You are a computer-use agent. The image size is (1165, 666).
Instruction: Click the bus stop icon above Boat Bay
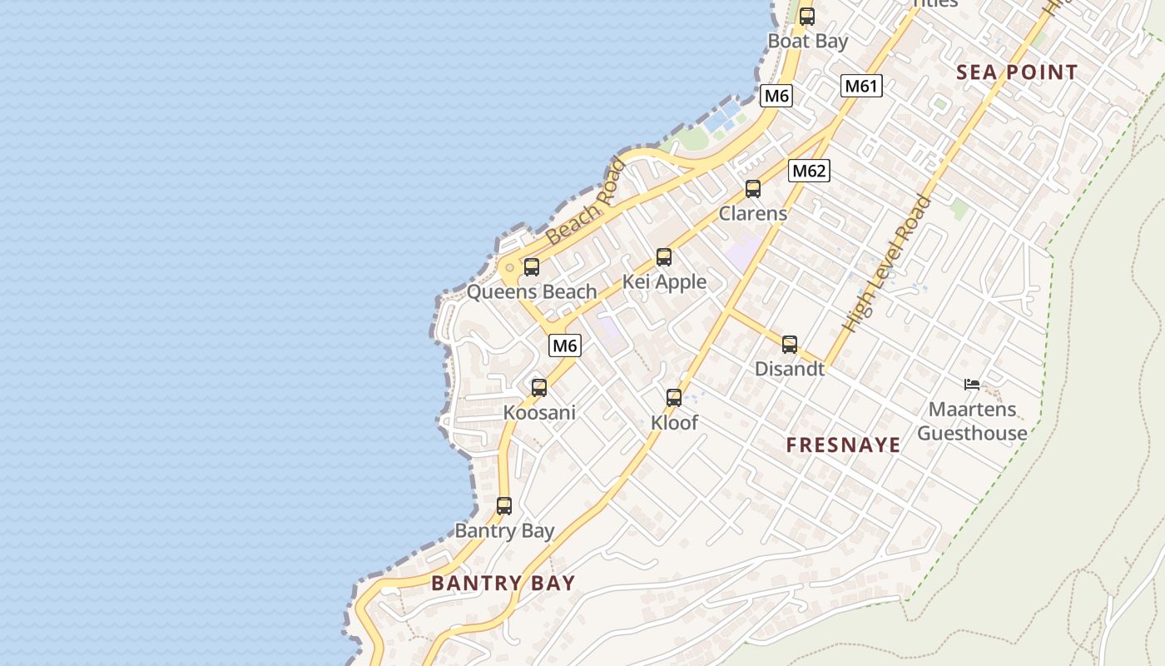pos(806,17)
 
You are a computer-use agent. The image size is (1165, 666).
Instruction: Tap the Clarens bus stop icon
pos(753,189)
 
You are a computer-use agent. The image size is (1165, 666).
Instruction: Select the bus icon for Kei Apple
pos(664,257)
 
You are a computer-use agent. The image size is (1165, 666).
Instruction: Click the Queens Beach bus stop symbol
pos(532,267)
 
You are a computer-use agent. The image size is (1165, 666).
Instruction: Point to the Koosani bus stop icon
pos(539,388)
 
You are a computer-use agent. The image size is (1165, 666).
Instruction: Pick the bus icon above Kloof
pos(674,398)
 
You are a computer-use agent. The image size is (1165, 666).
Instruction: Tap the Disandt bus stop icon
pos(790,345)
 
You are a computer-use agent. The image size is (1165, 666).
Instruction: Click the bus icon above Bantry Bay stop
pos(504,506)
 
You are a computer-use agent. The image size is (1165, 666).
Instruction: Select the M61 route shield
pos(861,86)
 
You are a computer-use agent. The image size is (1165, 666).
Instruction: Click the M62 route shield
pos(809,171)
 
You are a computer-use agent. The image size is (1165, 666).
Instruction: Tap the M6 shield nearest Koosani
pos(565,345)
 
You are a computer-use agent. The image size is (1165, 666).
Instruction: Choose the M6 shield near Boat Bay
pos(776,96)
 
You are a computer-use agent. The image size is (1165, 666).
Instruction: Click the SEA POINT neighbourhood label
pos(1017,72)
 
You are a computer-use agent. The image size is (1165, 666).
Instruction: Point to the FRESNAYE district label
pos(843,445)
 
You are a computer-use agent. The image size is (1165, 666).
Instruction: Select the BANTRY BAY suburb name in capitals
pos(503,583)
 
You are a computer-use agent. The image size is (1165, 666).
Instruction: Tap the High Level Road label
pos(886,264)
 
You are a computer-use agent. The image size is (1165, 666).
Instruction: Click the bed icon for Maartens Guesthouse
pos(971,385)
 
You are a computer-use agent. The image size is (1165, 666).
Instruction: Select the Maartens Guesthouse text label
pos(972,421)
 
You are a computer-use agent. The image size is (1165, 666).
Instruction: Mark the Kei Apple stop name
pos(665,282)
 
